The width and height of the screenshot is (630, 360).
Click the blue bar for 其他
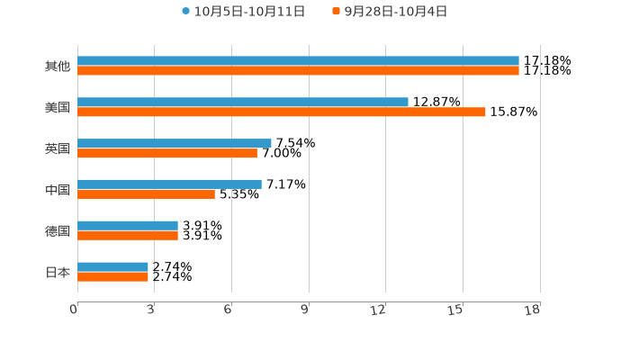tap(298, 61)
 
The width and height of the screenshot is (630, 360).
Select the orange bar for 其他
tap(298, 70)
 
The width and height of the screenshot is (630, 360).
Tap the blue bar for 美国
tap(243, 103)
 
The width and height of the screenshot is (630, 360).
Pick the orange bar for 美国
tap(282, 112)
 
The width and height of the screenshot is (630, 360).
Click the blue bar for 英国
tap(175, 143)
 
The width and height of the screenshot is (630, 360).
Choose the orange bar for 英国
tap(167, 153)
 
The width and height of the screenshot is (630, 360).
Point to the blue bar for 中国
tap(169, 184)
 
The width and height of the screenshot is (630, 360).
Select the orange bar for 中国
tap(146, 193)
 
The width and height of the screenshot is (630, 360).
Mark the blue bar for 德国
tap(128, 226)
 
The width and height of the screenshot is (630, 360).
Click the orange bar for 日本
tap(112, 276)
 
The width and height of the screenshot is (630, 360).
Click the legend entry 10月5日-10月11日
tap(243, 12)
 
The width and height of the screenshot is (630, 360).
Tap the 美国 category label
tap(58, 108)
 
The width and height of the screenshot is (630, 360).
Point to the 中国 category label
tap(58, 190)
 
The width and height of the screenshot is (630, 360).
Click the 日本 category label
tap(58, 272)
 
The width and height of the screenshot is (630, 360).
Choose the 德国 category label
tap(58, 231)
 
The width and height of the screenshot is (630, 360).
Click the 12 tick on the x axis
tap(379, 310)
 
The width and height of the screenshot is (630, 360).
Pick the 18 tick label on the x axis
tap(533, 310)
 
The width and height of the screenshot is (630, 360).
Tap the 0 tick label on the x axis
tap(74, 310)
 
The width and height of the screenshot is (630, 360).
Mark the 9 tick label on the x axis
tap(304, 310)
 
